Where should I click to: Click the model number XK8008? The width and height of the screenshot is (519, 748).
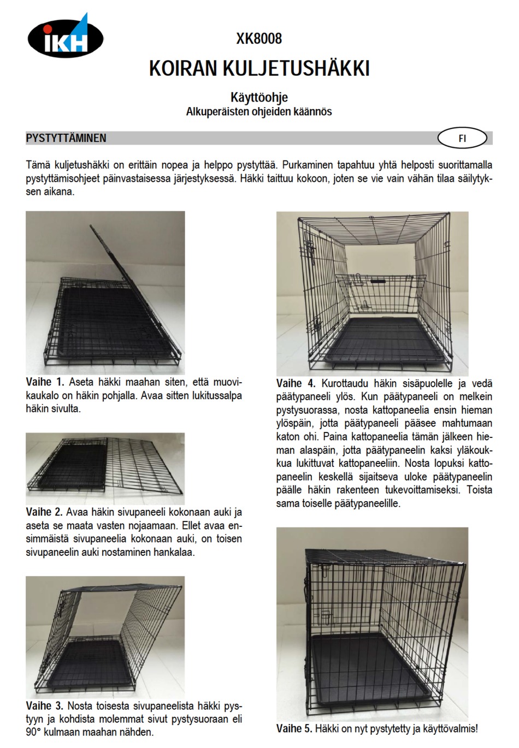(x=259, y=39)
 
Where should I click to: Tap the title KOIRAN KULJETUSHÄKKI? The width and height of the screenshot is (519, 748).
(x=259, y=68)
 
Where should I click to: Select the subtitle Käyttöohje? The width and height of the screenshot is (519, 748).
(x=259, y=98)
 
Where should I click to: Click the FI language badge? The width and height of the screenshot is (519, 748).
(x=462, y=138)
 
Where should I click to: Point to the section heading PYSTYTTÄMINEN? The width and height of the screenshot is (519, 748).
(x=66, y=138)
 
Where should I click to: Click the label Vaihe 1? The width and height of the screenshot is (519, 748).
(x=45, y=382)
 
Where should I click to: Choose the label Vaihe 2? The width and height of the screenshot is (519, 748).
(x=44, y=512)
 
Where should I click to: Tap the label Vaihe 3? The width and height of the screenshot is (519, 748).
(x=44, y=706)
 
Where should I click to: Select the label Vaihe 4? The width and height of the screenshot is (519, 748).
(x=296, y=383)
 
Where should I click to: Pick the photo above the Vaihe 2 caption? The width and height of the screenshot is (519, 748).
(x=105, y=468)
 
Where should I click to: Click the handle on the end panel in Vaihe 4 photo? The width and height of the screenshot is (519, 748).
(x=377, y=281)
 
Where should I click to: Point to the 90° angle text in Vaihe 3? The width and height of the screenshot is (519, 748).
(x=34, y=732)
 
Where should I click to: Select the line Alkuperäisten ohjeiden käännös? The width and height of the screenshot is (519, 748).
(x=259, y=112)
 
